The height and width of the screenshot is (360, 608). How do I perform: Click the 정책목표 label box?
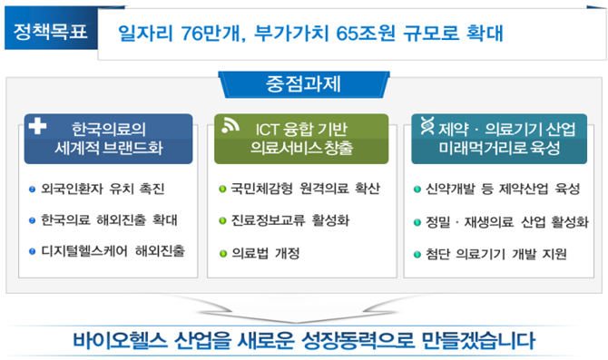click(x=51, y=31)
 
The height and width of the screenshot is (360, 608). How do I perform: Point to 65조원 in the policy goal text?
click(x=366, y=34)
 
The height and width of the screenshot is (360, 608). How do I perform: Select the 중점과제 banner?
click(x=304, y=84)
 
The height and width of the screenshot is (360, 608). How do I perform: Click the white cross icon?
click(x=37, y=125)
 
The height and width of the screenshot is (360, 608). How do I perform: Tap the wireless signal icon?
click(x=230, y=126)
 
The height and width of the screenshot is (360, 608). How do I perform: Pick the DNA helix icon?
click(x=427, y=125)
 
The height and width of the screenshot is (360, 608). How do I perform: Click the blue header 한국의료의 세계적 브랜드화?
click(x=108, y=139)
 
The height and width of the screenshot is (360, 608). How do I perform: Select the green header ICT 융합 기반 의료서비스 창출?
click(x=301, y=139)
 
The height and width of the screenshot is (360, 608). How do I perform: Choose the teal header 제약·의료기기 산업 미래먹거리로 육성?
click(x=499, y=139)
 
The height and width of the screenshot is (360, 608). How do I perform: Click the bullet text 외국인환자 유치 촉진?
click(x=103, y=189)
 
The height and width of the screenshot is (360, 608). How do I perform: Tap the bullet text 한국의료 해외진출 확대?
click(x=109, y=220)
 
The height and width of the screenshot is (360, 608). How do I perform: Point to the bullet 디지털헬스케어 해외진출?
click(x=113, y=251)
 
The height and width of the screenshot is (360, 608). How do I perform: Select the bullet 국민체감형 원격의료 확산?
click(x=305, y=189)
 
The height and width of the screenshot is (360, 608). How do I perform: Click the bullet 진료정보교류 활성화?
click(x=290, y=220)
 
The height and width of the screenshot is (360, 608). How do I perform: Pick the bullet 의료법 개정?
click(x=266, y=253)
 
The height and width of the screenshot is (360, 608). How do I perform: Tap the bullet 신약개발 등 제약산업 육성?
click(x=503, y=190)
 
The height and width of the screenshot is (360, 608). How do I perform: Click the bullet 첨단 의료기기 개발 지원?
click(x=496, y=254)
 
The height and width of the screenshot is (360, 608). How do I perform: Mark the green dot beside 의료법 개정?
click(x=223, y=254)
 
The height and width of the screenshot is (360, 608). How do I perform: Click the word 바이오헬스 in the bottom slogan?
click(x=120, y=341)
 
